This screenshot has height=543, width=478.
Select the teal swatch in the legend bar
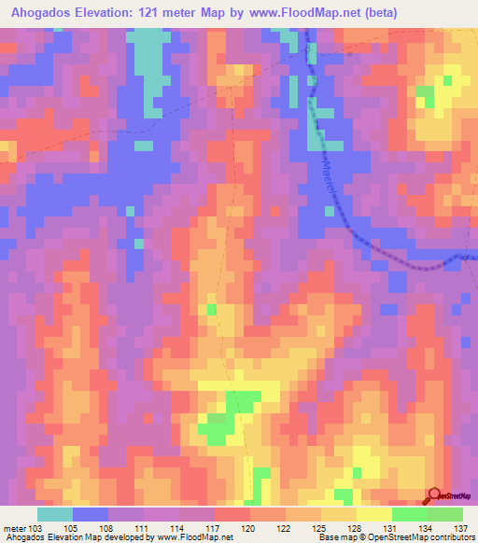[x=54, y=514]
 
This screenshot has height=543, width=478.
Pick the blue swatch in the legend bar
[x=91, y=514]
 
